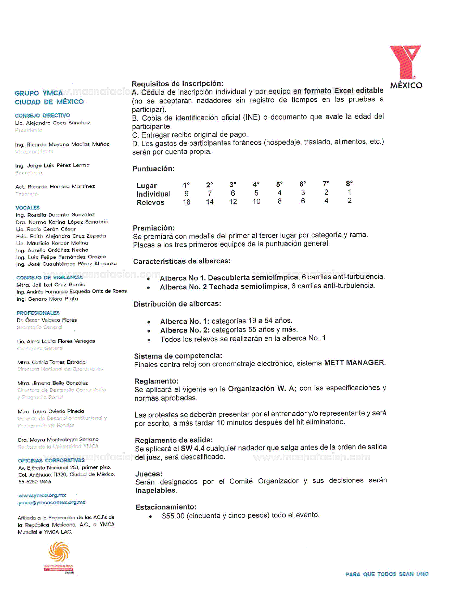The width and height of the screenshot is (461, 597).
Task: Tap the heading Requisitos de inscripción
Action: coord(178,84)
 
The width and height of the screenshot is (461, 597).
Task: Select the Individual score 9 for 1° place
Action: coord(186,194)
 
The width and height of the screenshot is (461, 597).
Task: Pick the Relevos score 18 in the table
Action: coord(187,202)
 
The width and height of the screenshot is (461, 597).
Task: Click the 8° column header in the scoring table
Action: coord(349,183)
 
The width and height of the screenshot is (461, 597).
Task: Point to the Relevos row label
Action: coord(150,203)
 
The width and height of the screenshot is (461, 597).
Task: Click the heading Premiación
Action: coord(154,228)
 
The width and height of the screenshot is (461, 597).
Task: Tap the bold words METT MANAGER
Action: coord(355,363)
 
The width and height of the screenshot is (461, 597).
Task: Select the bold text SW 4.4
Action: coord(192,448)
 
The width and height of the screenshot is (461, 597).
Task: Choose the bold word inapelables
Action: coord(156,491)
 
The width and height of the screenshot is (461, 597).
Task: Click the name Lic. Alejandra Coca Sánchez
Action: coord(53,123)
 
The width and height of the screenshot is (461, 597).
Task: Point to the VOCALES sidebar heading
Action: coord(27,208)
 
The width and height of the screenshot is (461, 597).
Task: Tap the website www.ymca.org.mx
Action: coord(42,495)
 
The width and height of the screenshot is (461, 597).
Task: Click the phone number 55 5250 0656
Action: coord(35,482)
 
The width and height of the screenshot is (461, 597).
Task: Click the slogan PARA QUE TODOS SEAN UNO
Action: coord(387,574)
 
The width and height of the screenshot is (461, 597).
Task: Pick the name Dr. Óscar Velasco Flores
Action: coord(47,320)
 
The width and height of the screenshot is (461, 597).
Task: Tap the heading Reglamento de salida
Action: coord(174,440)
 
